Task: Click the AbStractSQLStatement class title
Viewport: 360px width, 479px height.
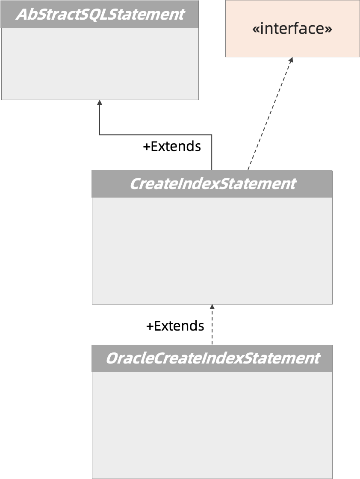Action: click(x=100, y=14)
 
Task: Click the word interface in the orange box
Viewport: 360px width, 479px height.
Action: click(x=292, y=29)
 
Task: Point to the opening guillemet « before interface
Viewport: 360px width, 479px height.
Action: click(x=256, y=29)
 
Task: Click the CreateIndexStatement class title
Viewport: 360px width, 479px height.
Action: click(x=212, y=184)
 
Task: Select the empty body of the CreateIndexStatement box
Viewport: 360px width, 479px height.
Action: click(x=212, y=250)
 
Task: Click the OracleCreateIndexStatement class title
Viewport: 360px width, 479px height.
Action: click(x=212, y=358)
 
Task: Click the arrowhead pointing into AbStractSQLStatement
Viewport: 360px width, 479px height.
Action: click(x=100, y=103)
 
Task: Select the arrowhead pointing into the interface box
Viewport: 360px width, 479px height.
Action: click(x=291, y=60)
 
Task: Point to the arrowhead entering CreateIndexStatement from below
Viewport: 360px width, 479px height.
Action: click(x=212, y=307)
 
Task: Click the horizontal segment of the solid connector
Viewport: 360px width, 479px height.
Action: click(x=156, y=135)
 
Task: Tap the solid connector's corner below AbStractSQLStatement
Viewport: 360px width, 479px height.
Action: click(x=100, y=135)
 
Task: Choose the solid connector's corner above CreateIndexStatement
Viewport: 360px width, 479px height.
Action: click(x=212, y=135)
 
